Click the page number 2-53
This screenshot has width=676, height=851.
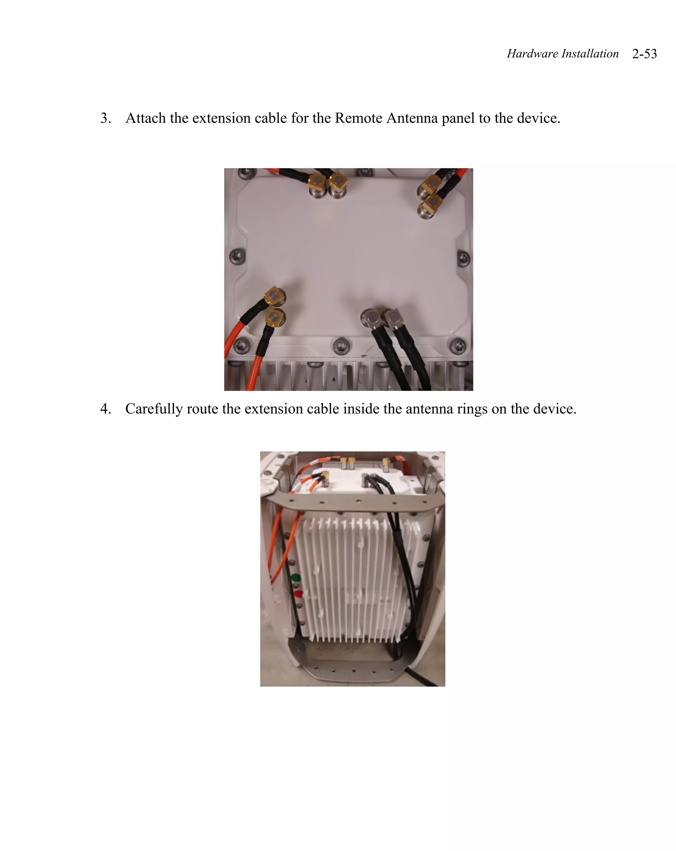point(644,54)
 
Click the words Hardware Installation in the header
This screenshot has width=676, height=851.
point(562,54)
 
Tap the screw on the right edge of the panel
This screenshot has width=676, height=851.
point(463,258)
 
